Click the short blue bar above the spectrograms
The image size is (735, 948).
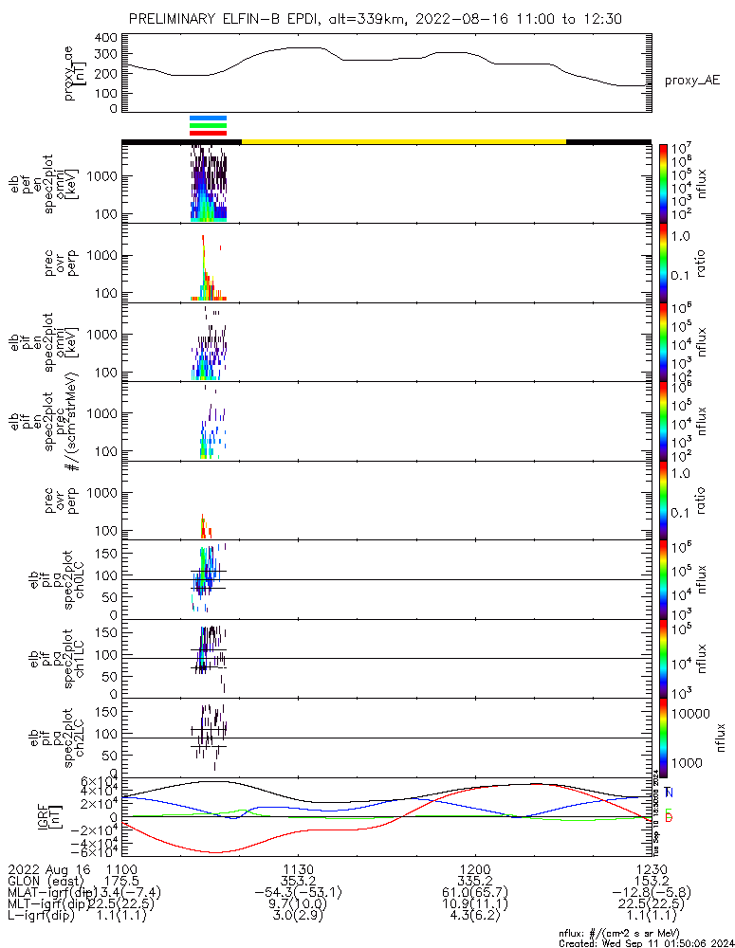(x=209, y=118)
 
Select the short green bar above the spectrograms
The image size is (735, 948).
(x=209, y=125)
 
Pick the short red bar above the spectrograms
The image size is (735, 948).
(x=209, y=133)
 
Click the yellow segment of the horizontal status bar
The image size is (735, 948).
(x=403, y=141)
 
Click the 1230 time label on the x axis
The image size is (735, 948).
(x=651, y=868)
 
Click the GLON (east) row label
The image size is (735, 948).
(x=44, y=880)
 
